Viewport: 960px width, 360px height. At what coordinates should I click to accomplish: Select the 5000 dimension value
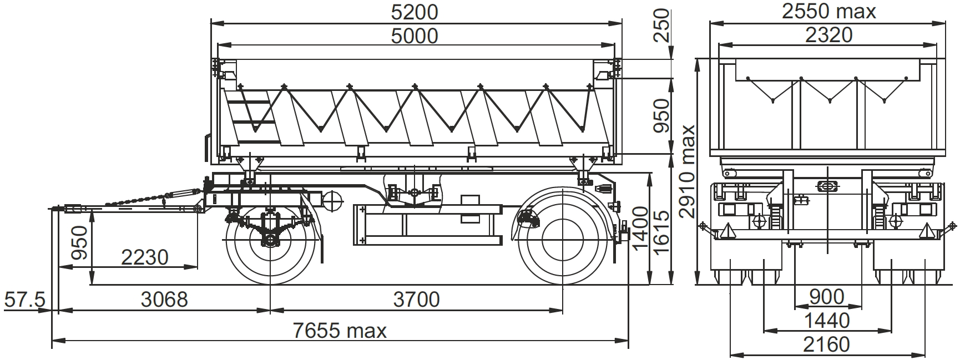415,36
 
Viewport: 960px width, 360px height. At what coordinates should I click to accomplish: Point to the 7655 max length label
340,331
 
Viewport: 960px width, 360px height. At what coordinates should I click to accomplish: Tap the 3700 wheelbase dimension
416,300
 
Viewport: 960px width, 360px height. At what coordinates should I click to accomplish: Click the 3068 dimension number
164,300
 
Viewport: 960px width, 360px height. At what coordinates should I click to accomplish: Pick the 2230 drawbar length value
144,257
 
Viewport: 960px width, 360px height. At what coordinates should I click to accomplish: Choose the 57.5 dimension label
24,300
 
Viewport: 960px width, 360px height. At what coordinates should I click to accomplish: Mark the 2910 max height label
688,171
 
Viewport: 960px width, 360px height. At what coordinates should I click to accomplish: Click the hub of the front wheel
270,241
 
